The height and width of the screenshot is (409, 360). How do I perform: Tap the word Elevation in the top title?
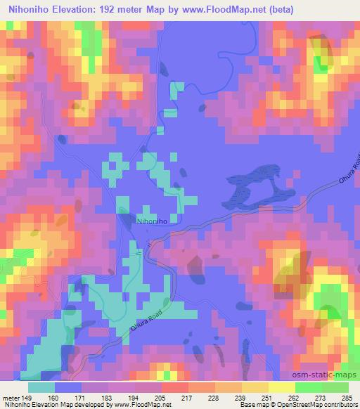click(x=68, y=10)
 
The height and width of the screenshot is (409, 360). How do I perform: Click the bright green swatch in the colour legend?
click(x=309, y=387)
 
